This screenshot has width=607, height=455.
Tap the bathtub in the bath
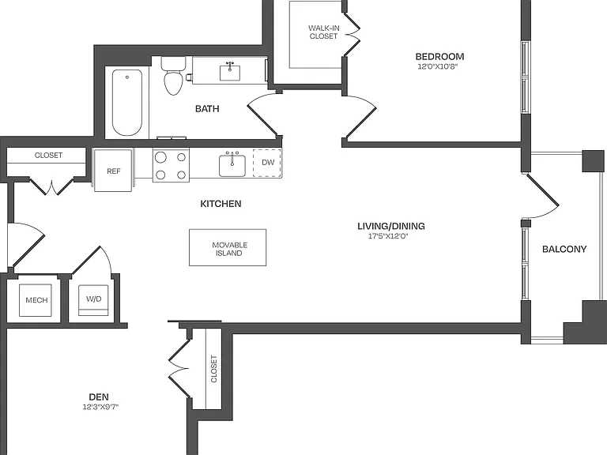tap(127, 103)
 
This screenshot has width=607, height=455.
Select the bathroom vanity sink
tap(230, 73)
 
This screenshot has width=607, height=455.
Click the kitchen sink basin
tap(232, 166)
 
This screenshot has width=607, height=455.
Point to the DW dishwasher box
tap(267, 163)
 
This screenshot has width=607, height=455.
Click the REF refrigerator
tap(114, 171)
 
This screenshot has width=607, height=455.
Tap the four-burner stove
tap(171, 165)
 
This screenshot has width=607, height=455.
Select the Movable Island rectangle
tap(228, 247)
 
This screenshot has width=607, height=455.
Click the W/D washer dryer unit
tap(94, 300)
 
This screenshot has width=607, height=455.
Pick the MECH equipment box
tap(36, 300)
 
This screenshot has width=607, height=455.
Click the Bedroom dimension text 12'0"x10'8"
tap(438, 66)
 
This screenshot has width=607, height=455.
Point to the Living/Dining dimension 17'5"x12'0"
tap(388, 236)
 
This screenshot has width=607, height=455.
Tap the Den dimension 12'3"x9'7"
tap(100, 407)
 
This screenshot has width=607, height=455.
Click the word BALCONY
tap(564, 249)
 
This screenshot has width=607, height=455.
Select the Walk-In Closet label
tap(323, 32)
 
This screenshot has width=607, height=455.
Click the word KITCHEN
tap(221, 204)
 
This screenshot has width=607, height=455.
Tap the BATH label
tap(207, 109)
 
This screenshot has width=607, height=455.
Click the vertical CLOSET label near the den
tap(213, 369)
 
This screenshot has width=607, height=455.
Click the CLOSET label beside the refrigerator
tap(48, 155)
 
